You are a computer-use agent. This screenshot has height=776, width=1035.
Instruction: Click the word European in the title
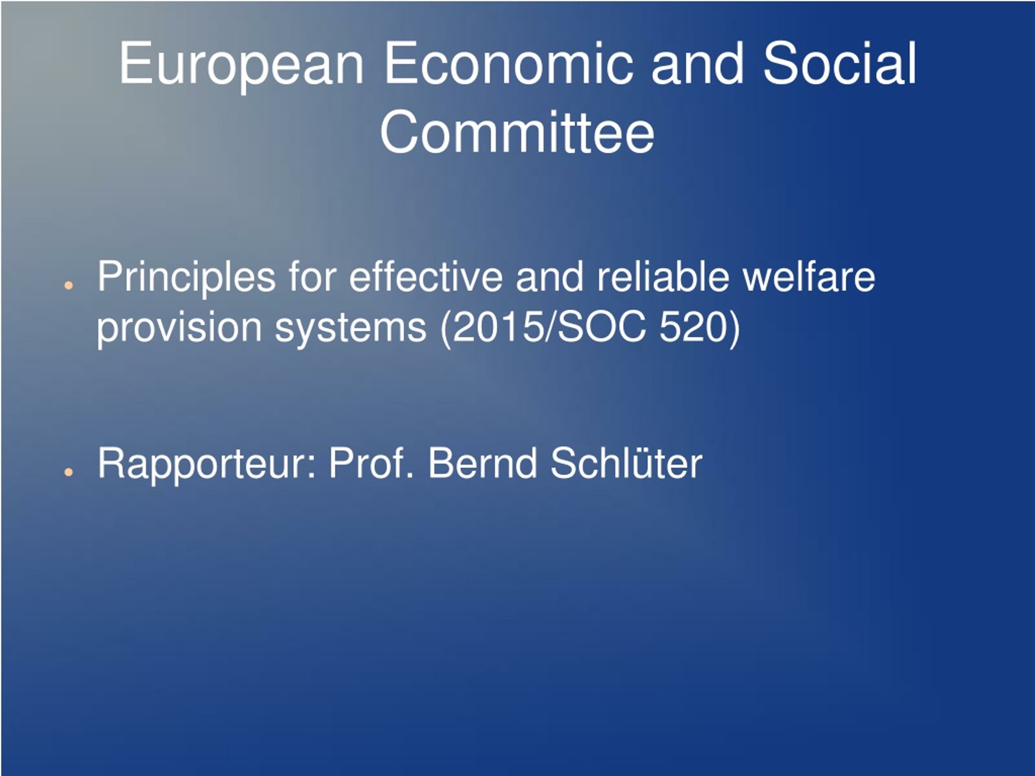(x=241, y=66)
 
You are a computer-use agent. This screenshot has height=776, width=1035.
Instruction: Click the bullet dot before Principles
(x=69, y=285)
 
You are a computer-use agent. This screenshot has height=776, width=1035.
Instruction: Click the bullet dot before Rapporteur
(x=69, y=472)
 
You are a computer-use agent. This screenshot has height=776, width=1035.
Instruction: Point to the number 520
(x=693, y=327)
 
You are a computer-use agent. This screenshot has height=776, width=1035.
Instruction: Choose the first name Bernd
(x=482, y=463)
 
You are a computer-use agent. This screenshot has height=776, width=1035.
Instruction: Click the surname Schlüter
(x=626, y=463)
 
